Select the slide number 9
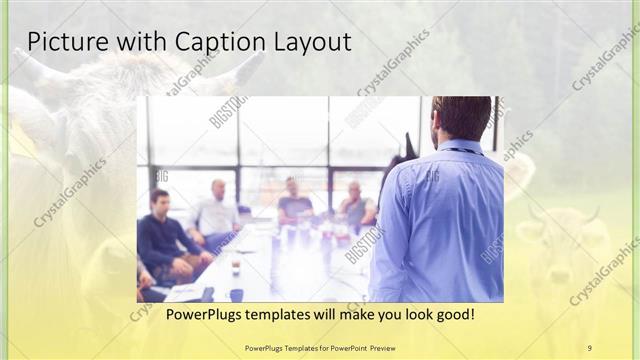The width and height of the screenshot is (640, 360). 589,347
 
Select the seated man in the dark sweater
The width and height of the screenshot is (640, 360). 162,235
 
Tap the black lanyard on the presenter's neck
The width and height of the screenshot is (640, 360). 462,151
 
